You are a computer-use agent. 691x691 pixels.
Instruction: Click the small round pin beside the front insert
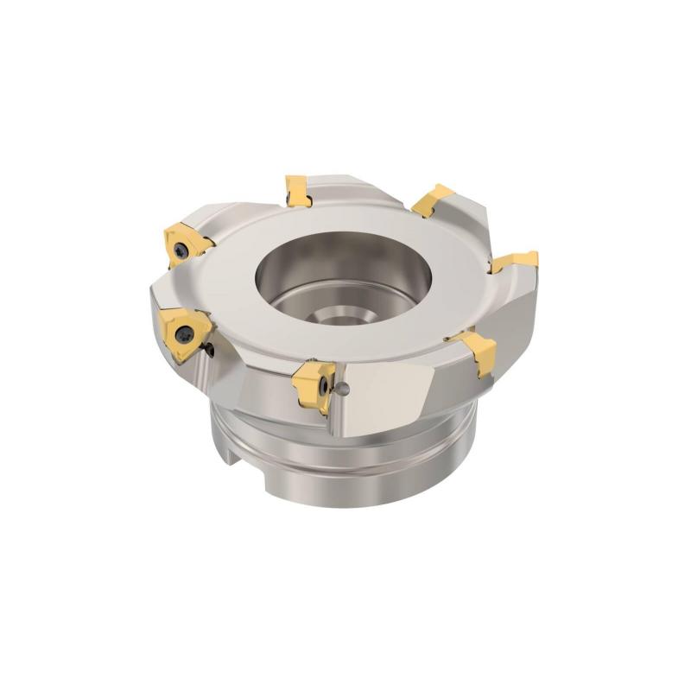(x=345, y=387)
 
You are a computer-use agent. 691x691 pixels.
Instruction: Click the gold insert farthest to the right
(x=514, y=261)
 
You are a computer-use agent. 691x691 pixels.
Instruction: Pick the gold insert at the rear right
(x=432, y=200)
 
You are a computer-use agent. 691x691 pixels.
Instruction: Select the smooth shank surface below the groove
(x=363, y=488)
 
